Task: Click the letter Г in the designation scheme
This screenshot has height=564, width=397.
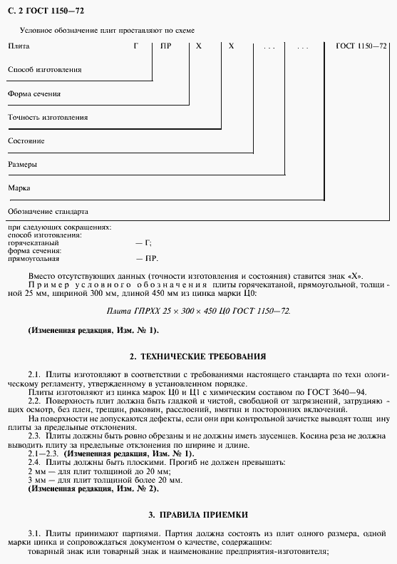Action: [x=135, y=46]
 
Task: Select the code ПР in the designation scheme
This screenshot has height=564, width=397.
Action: [x=165, y=46]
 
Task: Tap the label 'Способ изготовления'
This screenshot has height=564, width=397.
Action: [x=44, y=70]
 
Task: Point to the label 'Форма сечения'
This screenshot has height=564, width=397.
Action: [x=33, y=93]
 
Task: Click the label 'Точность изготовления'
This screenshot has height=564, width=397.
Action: [x=47, y=117]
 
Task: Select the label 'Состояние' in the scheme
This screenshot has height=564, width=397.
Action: [x=26, y=141]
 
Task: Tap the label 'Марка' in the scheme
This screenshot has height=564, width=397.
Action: [x=20, y=188]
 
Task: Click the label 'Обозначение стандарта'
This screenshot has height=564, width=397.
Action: [x=47, y=212]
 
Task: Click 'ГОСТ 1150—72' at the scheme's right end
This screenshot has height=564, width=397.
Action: [x=361, y=46]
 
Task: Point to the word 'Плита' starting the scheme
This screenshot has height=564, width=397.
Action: [x=19, y=46]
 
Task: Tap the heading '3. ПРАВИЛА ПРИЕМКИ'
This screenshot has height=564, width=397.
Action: [x=198, y=514]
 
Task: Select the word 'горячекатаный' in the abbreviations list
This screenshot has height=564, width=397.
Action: [x=32, y=242]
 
